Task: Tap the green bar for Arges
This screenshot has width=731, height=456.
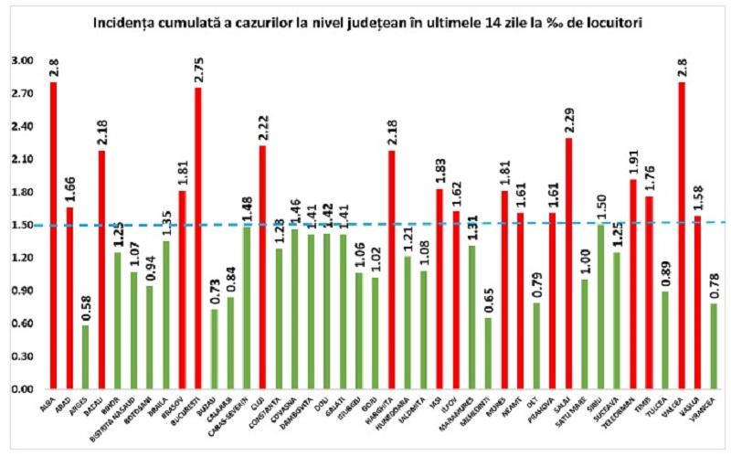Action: click(x=85, y=357)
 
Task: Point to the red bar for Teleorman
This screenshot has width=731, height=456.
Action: click(x=632, y=284)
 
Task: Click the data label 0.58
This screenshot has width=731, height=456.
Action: click(x=86, y=309)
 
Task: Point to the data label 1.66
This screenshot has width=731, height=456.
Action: click(x=69, y=190)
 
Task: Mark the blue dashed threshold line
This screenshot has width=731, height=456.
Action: click(x=365, y=223)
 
